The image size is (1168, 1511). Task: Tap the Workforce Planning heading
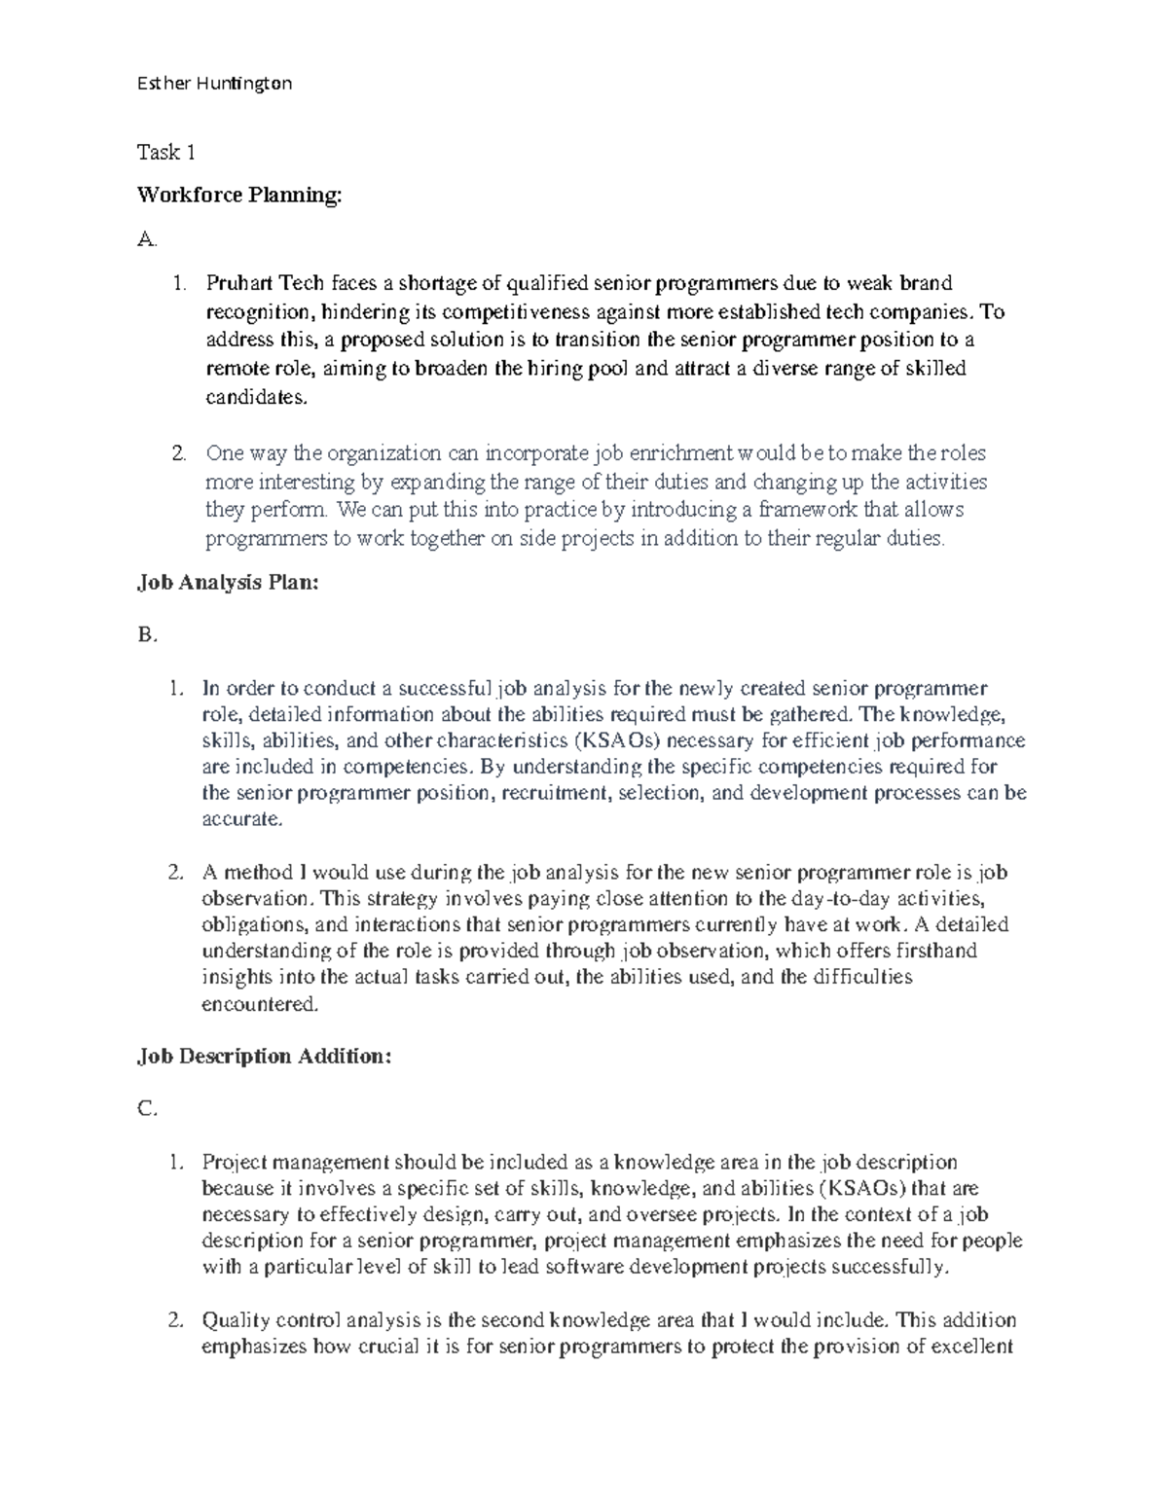point(239,196)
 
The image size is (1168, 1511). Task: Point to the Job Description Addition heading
point(264,1057)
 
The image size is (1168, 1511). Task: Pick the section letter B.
point(146,635)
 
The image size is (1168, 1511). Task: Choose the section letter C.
point(146,1109)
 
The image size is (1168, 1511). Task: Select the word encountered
point(258,1003)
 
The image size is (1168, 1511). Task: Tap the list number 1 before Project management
point(174,1162)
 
